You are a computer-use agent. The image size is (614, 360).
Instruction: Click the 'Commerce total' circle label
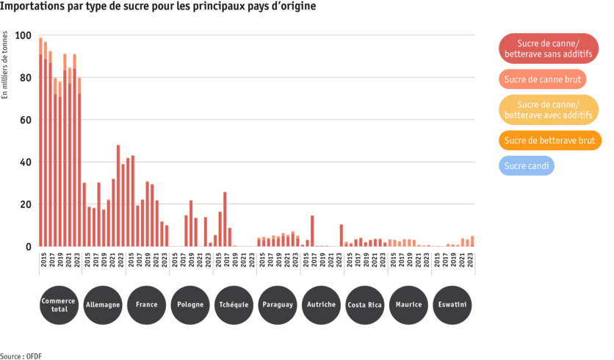[x=59, y=304]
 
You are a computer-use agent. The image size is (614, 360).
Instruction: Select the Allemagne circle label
[x=103, y=304]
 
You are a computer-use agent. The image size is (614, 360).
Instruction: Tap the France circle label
[x=146, y=304]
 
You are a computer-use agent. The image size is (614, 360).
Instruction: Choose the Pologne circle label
[x=190, y=304]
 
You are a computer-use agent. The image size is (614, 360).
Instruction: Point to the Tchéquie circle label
[x=234, y=304]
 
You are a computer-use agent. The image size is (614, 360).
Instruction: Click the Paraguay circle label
[x=278, y=304]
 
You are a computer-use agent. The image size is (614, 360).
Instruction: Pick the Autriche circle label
[x=322, y=304]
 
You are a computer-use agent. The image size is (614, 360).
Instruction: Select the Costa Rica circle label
[x=365, y=304]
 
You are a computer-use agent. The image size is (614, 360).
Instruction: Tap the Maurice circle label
[x=409, y=304]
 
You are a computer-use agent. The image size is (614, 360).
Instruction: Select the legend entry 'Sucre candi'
[x=527, y=166]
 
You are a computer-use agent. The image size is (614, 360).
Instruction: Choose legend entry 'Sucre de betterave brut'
[x=549, y=140]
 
